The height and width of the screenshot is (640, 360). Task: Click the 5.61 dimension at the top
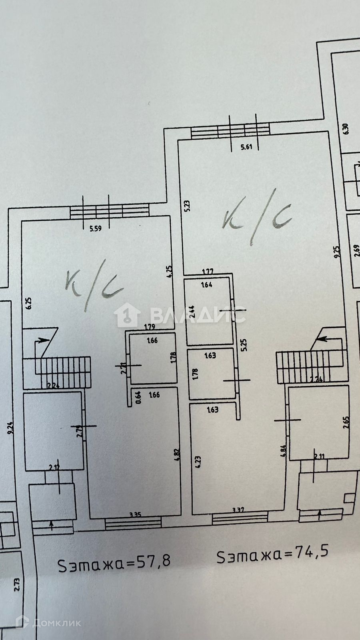pyautogui.click(x=246, y=147)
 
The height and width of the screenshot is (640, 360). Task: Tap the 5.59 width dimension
pyautogui.click(x=95, y=229)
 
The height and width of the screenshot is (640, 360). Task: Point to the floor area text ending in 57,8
pyautogui.click(x=114, y=560)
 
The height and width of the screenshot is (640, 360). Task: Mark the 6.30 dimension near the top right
pyautogui.click(x=346, y=129)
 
